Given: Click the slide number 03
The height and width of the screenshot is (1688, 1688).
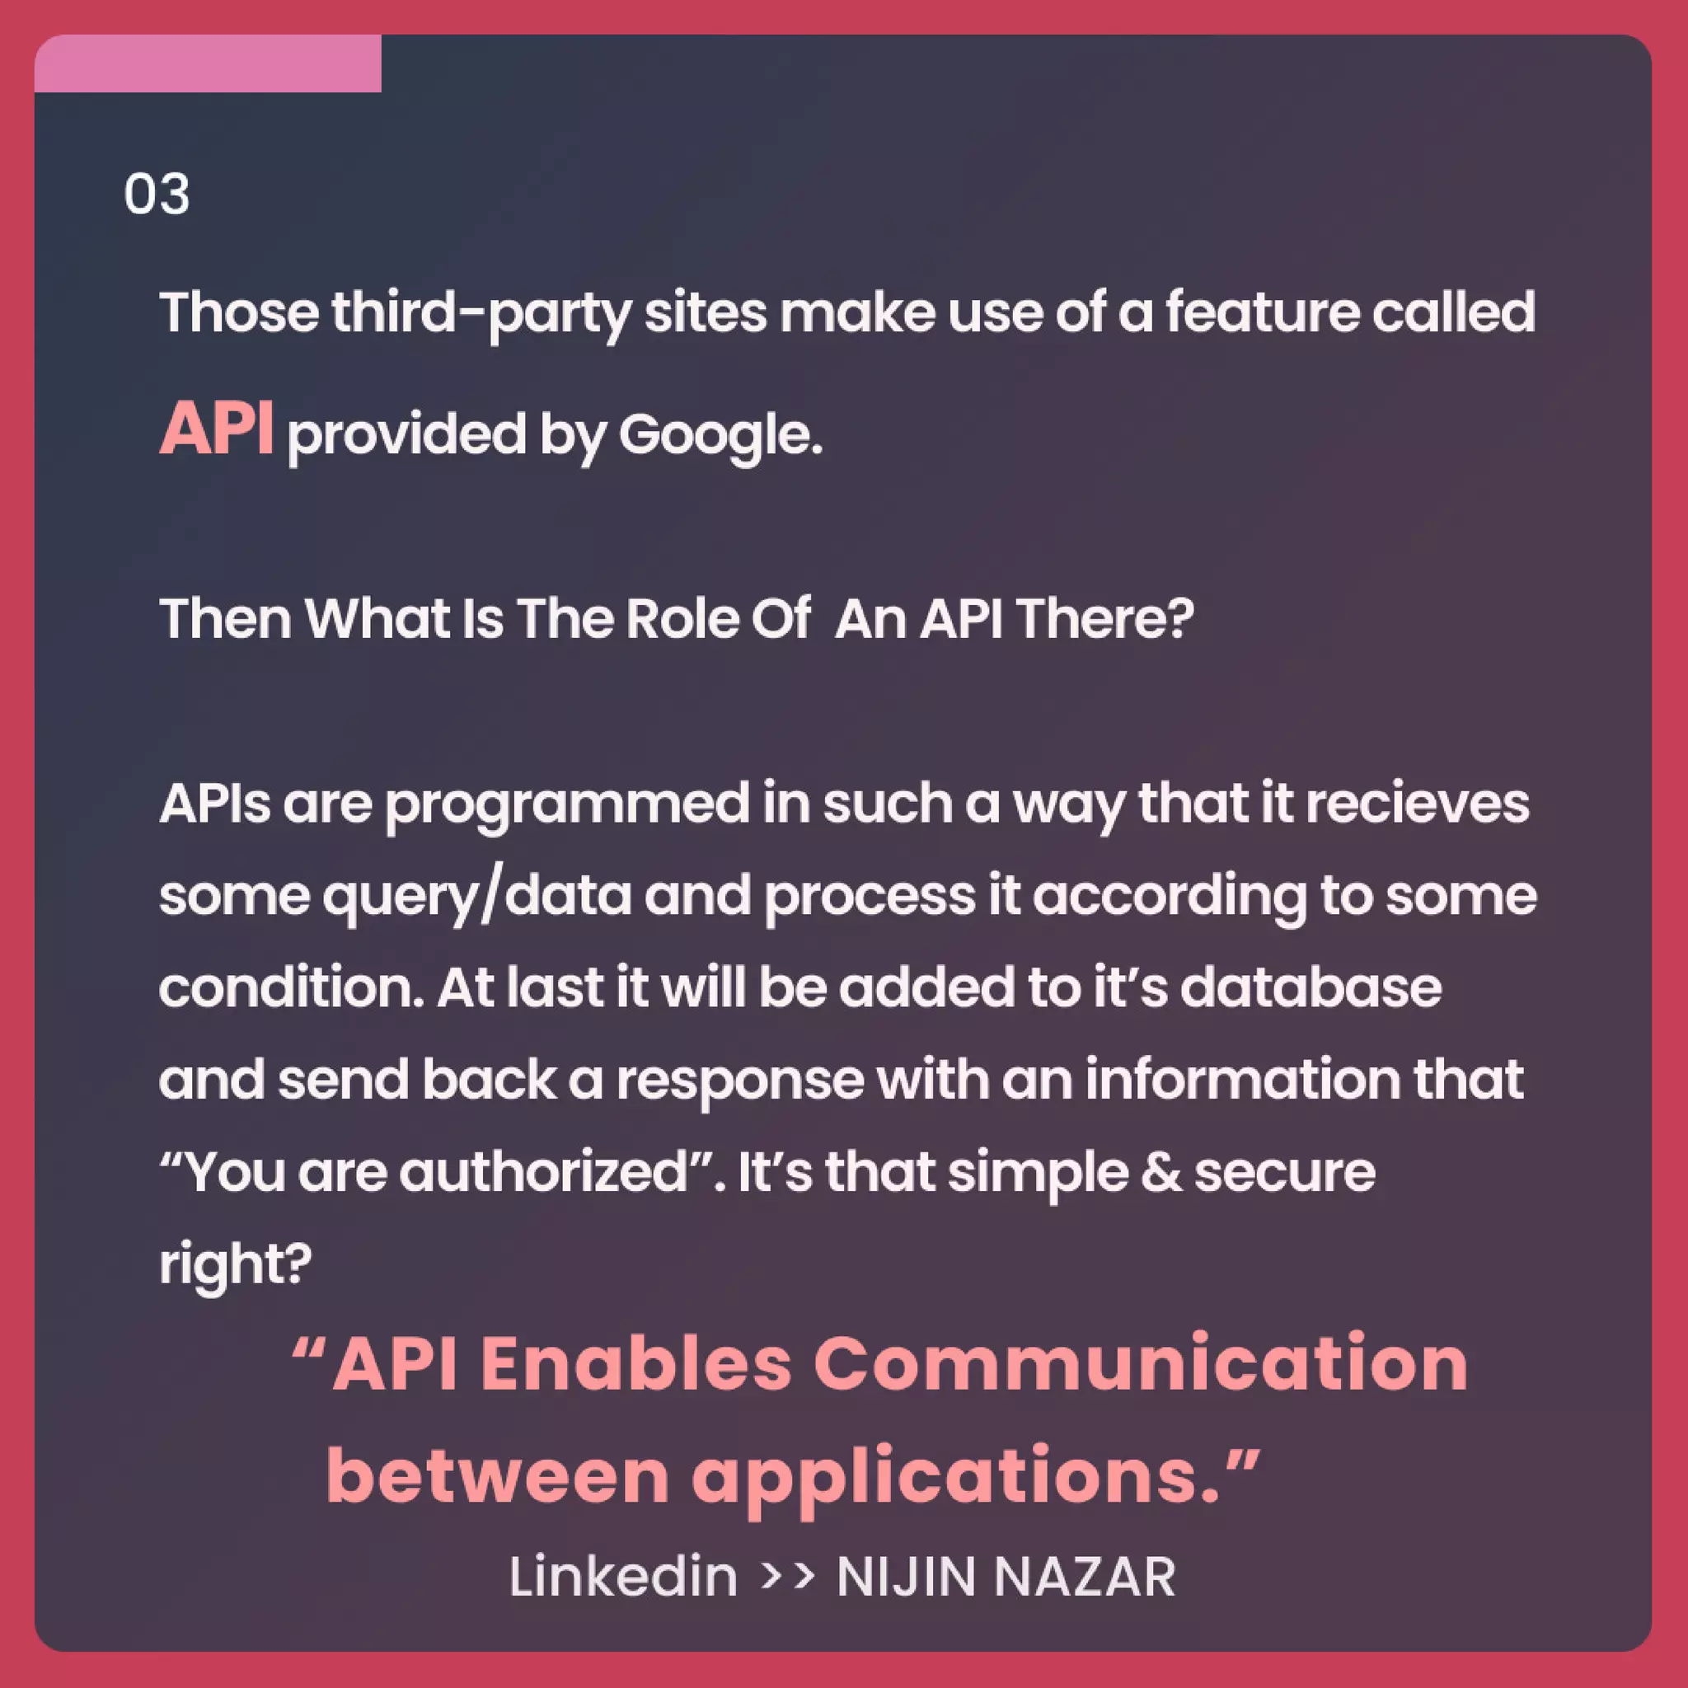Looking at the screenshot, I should click(157, 193).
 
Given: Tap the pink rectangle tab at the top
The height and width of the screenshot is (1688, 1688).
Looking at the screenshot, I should click(207, 63).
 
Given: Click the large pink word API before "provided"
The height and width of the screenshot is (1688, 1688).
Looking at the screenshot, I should click(216, 429).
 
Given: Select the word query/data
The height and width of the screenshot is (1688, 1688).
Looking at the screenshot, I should click(477, 897).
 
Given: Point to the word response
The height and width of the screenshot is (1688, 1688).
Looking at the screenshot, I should click(740, 1081).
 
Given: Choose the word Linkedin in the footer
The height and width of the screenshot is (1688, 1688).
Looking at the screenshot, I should click(623, 1576).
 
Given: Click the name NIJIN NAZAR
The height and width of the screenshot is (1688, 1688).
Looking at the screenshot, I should click(1006, 1576).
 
